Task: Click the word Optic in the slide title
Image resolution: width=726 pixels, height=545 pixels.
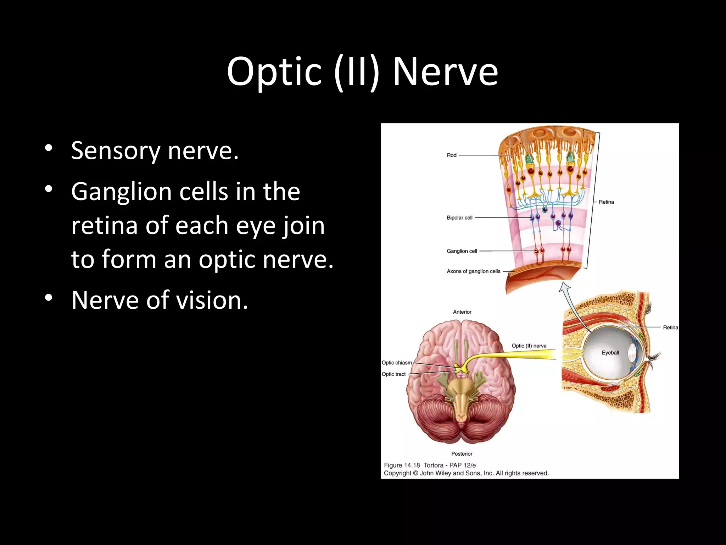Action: click(274, 72)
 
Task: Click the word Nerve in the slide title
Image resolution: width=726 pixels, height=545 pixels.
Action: click(445, 72)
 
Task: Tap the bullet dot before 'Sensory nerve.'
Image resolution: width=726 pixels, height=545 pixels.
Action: click(49, 148)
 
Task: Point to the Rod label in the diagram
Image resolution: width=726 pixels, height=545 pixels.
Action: click(451, 155)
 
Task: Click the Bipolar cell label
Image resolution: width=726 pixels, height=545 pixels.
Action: click(459, 218)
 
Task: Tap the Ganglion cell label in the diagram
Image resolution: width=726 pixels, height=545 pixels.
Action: click(462, 251)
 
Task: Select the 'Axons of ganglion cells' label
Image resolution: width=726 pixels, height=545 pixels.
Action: click(473, 271)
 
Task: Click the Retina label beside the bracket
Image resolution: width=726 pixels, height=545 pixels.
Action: click(606, 202)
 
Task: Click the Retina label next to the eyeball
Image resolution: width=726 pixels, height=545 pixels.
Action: click(670, 327)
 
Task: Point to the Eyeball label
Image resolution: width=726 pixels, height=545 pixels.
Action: click(610, 353)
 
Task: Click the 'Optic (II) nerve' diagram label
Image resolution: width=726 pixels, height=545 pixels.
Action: click(529, 346)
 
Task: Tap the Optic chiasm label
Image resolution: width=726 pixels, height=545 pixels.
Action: click(396, 363)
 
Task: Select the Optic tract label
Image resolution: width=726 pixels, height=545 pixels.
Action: click(393, 374)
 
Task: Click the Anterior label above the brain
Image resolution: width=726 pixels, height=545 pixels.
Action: click(462, 312)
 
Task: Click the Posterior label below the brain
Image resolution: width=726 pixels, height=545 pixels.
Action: click(462, 454)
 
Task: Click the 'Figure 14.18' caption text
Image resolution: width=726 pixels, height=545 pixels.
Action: click(402, 465)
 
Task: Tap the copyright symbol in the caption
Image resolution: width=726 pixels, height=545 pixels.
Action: click(415, 473)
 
